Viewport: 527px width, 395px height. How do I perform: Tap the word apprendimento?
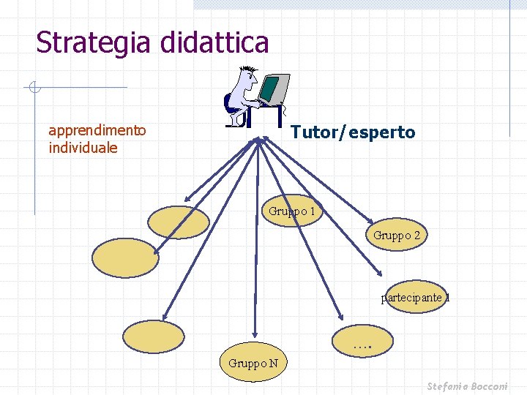pos(97,131)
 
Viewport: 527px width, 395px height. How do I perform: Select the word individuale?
pos(83,147)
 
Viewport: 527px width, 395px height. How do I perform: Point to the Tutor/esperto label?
pos(353,132)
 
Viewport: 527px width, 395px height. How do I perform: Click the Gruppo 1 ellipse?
pos(292,211)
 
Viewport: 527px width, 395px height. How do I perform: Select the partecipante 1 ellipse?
pos(415,298)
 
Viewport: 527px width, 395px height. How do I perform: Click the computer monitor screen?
pos(271,89)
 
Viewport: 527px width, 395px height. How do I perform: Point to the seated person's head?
pos(247,75)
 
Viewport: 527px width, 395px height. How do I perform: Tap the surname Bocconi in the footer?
pos(500,385)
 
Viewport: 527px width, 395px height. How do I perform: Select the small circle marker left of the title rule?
pos(33,89)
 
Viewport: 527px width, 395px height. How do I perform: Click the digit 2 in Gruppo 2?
pos(416,236)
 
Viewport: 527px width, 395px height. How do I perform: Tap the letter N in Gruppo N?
pos(272,363)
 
